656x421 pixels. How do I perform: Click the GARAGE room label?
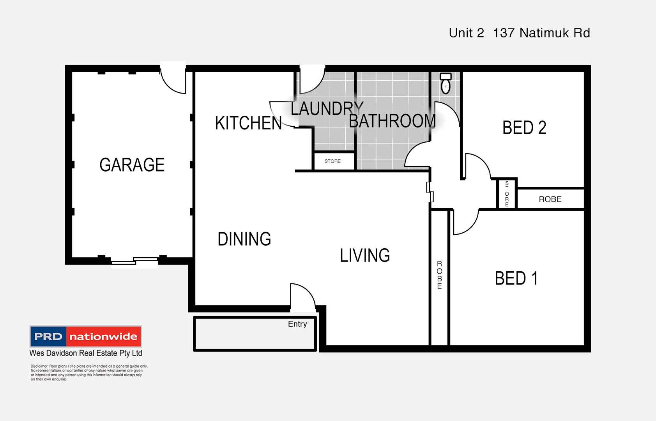pyautogui.click(x=132, y=165)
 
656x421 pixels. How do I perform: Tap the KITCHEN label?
pyautogui.click(x=248, y=123)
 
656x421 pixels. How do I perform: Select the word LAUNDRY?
pyautogui.click(x=327, y=109)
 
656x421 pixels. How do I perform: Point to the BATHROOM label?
pyautogui.click(x=392, y=121)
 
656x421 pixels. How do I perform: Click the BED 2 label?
pyautogui.click(x=524, y=128)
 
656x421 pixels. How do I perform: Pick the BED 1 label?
pyautogui.click(x=516, y=278)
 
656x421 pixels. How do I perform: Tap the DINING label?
pyautogui.click(x=244, y=239)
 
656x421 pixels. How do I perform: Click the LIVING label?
pyautogui.click(x=364, y=256)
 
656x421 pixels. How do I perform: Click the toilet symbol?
pyautogui.click(x=446, y=83)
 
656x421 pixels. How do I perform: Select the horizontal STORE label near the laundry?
pyautogui.click(x=332, y=161)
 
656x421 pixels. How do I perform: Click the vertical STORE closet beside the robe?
pyautogui.click(x=507, y=194)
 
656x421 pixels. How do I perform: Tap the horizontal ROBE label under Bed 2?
pyautogui.click(x=550, y=199)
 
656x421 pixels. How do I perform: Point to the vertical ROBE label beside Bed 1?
pyautogui.click(x=439, y=275)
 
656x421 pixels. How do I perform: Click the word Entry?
pyautogui.click(x=297, y=324)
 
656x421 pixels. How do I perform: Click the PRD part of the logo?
pyautogui.click(x=48, y=336)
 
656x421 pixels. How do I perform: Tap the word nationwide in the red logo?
pyautogui.click(x=103, y=336)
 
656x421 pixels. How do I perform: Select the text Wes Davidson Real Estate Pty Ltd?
pyautogui.click(x=86, y=353)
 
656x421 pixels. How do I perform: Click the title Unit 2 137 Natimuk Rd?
pyautogui.click(x=519, y=33)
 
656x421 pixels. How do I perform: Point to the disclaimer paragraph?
pyautogui.click(x=89, y=372)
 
